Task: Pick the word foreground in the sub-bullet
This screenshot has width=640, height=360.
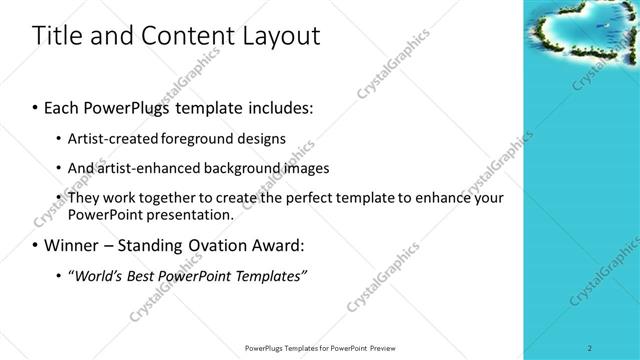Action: coord(199,138)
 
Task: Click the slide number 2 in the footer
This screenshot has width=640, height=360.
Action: coord(590,348)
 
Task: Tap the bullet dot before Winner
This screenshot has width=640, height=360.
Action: coord(37,246)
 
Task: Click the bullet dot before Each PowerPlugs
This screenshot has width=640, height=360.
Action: coord(37,106)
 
